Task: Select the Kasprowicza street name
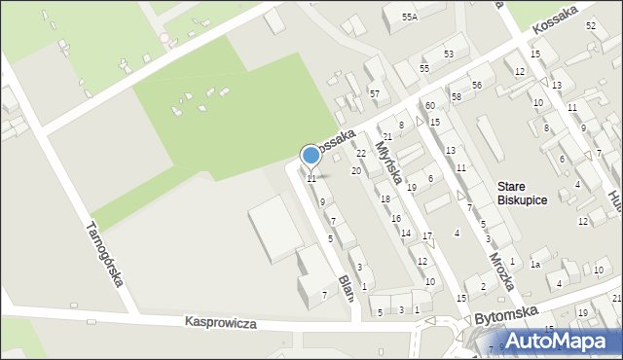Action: (220, 322)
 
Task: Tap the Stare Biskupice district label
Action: (522, 193)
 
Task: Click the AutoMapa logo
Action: (563, 341)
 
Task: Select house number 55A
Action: (409, 18)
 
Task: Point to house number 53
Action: (449, 54)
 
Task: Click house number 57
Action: (374, 93)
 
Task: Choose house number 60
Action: (429, 105)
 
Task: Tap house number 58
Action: (456, 97)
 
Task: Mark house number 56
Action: (477, 86)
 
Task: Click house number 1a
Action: (534, 265)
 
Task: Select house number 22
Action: (360, 154)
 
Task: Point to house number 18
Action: (385, 198)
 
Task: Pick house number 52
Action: (591, 25)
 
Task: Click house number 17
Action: (427, 237)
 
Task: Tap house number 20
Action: (356, 171)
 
